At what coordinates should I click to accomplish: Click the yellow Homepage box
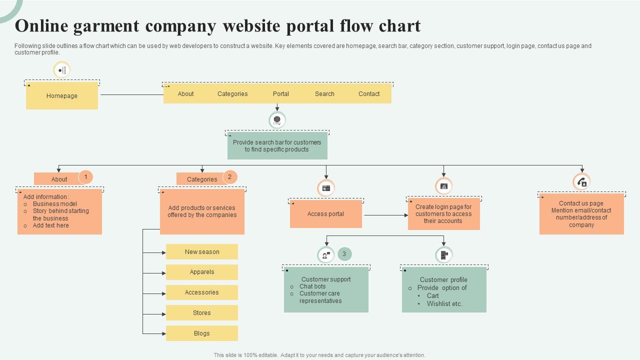(62, 95)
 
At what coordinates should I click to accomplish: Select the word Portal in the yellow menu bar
(281, 94)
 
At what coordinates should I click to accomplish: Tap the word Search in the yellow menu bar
(324, 94)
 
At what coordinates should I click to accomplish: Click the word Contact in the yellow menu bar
(369, 94)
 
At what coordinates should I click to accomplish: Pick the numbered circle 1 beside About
(85, 177)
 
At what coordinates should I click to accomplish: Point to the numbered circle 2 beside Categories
(229, 177)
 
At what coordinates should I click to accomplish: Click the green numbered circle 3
(344, 254)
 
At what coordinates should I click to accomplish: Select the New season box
(202, 252)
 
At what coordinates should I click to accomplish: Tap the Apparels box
(202, 272)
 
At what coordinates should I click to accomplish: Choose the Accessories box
(202, 292)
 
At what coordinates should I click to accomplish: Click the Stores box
(202, 313)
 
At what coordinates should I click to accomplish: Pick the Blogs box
(202, 333)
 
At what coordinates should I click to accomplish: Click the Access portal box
(325, 214)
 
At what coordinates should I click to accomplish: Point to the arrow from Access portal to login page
(385, 215)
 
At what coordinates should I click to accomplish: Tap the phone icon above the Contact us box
(581, 182)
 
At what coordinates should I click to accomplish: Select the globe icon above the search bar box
(277, 120)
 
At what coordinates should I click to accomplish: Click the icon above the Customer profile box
(443, 255)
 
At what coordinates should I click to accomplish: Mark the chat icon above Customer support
(326, 255)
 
